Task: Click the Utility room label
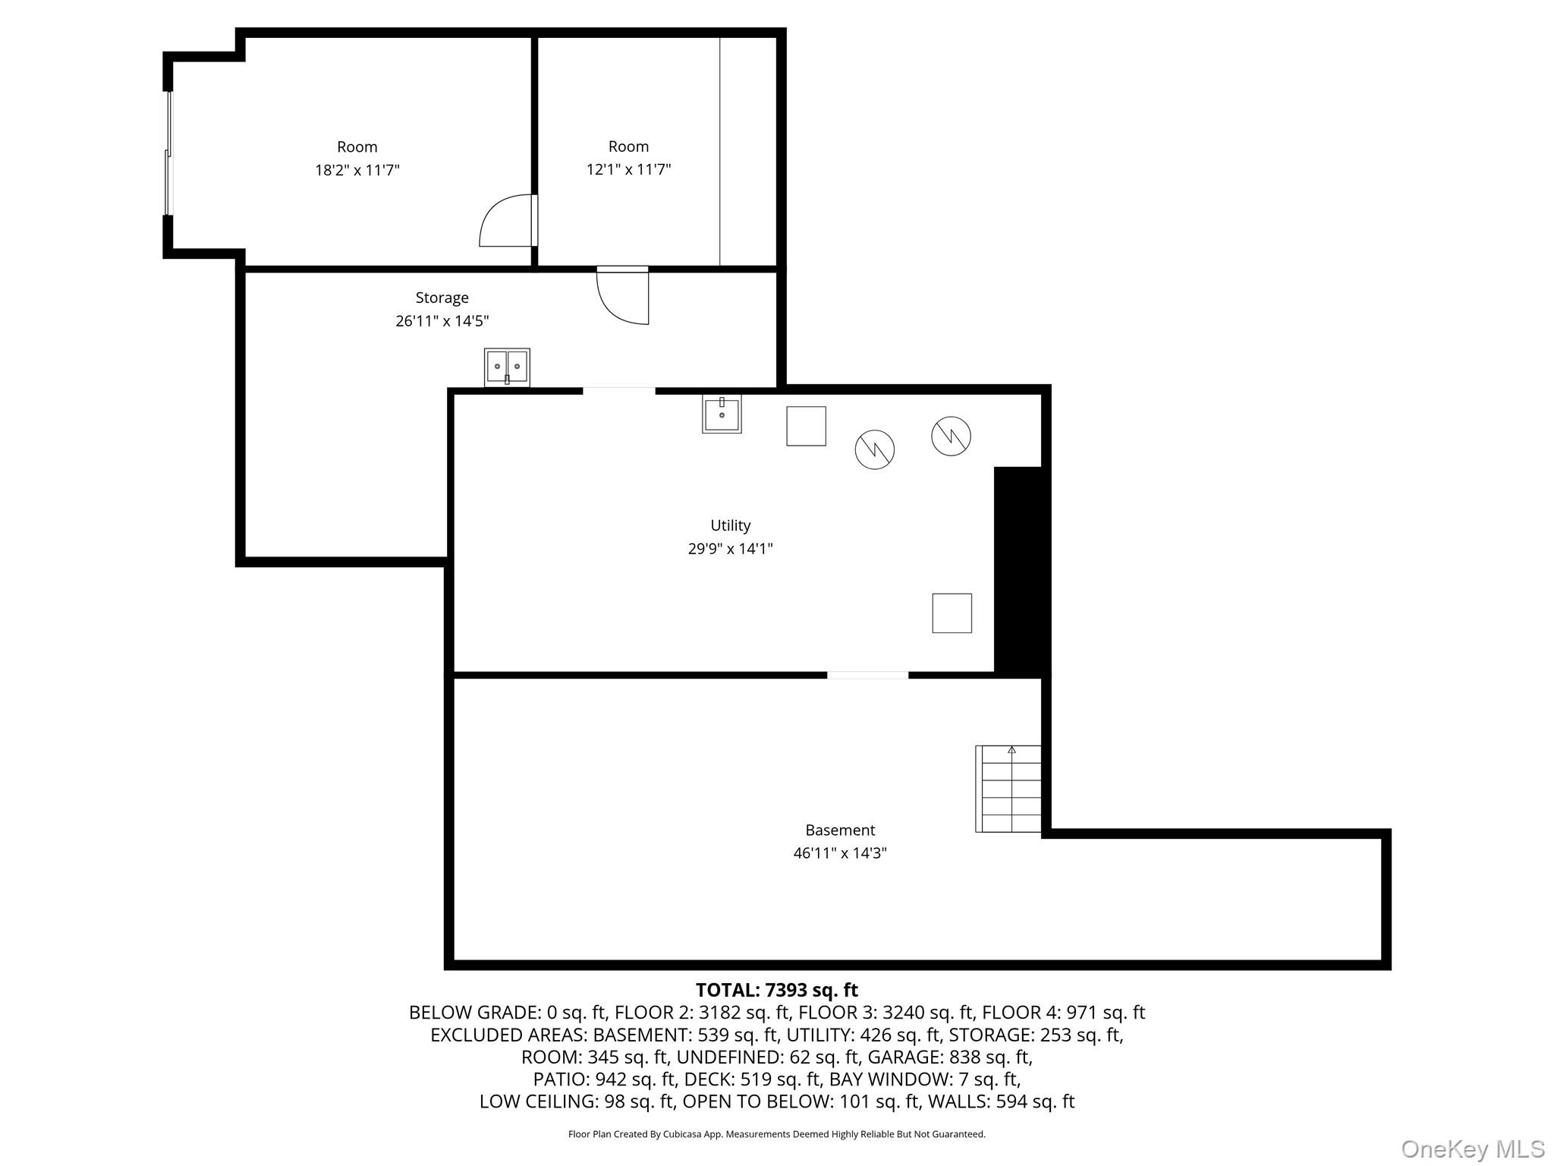tap(730, 525)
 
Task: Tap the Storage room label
tap(442, 298)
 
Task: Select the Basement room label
tap(840, 830)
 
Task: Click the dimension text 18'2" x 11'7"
tap(357, 170)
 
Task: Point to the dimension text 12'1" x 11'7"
tap(628, 169)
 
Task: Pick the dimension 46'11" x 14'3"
tap(840, 852)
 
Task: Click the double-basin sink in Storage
tap(507, 367)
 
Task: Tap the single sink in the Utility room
tap(722, 414)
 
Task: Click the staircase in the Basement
tap(1008, 789)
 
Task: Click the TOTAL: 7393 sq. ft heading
tap(776, 990)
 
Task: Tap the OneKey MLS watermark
tap(1472, 1149)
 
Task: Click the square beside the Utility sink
tap(806, 426)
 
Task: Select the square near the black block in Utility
tap(952, 613)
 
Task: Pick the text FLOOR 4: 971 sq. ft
tap(1063, 1012)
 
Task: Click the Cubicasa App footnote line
tap(776, 1134)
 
